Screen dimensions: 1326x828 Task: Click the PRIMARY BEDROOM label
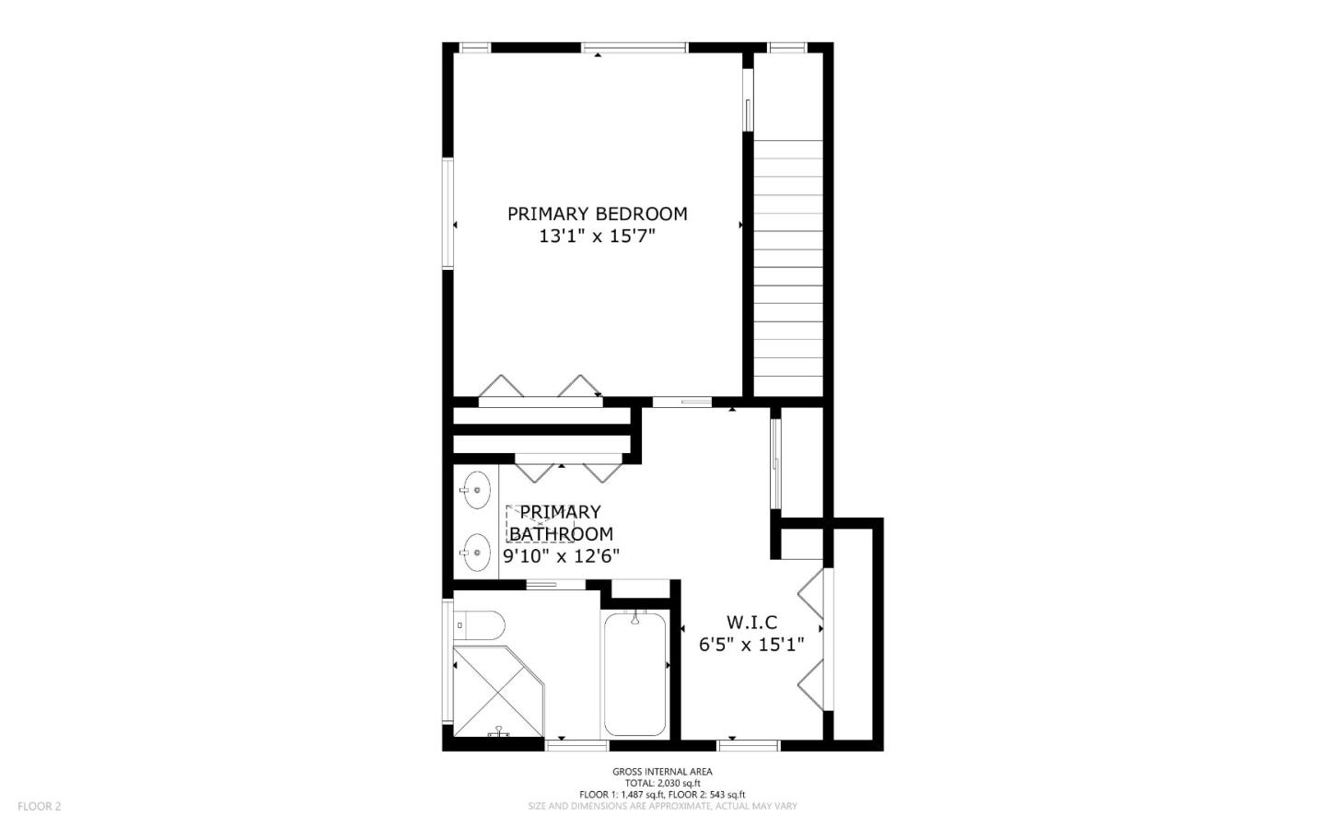pyautogui.click(x=598, y=214)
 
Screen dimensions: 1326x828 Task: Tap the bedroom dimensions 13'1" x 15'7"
pyautogui.click(x=598, y=237)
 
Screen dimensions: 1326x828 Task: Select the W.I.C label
pyautogui.click(x=751, y=623)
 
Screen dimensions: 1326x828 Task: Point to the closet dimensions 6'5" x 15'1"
pyautogui.click(x=751, y=645)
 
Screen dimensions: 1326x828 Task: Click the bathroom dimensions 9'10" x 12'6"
pyautogui.click(x=561, y=556)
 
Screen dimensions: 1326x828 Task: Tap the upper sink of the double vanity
pyautogui.click(x=476, y=490)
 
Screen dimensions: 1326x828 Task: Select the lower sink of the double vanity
pyautogui.click(x=476, y=553)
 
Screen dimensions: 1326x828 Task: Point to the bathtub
pyautogui.click(x=635, y=673)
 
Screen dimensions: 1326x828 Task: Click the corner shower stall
pyautogui.click(x=498, y=691)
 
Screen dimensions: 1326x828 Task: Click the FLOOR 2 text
pyautogui.click(x=39, y=806)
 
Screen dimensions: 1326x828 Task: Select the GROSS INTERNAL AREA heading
pyautogui.click(x=662, y=772)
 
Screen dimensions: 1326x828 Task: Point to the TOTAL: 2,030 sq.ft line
pyautogui.click(x=662, y=783)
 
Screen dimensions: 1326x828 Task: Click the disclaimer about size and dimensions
pyautogui.click(x=662, y=806)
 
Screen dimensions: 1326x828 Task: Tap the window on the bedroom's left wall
pyautogui.click(x=448, y=214)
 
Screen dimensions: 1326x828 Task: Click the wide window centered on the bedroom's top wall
pyautogui.click(x=634, y=48)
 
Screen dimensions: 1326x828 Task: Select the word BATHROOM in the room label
pyautogui.click(x=561, y=534)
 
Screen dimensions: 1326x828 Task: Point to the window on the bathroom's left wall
pyautogui.click(x=448, y=660)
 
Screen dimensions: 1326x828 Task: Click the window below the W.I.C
pyautogui.click(x=749, y=746)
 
